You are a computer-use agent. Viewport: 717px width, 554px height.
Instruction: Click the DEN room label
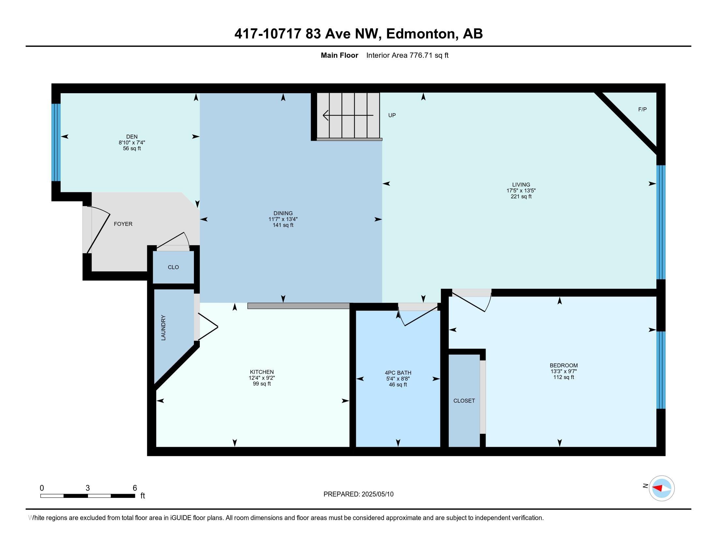132,137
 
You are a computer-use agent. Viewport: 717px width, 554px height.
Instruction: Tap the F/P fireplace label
642,109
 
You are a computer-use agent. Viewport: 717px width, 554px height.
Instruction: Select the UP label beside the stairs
392,115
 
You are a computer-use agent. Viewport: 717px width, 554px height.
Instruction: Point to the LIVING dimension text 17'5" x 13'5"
521,191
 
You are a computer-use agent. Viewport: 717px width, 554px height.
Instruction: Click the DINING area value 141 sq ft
283,225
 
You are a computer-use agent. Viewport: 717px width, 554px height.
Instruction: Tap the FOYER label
123,224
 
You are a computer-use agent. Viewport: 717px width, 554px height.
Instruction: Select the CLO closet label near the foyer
173,267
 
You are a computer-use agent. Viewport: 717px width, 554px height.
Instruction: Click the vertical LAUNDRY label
164,328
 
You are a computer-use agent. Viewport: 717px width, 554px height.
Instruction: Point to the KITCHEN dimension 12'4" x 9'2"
262,378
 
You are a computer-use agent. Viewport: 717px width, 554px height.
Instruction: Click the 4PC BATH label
398,373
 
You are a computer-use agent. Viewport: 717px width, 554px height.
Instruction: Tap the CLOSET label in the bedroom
464,401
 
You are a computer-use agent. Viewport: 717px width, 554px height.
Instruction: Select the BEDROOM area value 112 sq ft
563,377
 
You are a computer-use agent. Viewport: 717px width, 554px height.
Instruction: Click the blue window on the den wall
56,142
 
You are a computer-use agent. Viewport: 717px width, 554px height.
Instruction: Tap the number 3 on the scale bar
88,488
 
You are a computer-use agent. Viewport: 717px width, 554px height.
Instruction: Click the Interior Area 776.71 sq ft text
407,55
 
